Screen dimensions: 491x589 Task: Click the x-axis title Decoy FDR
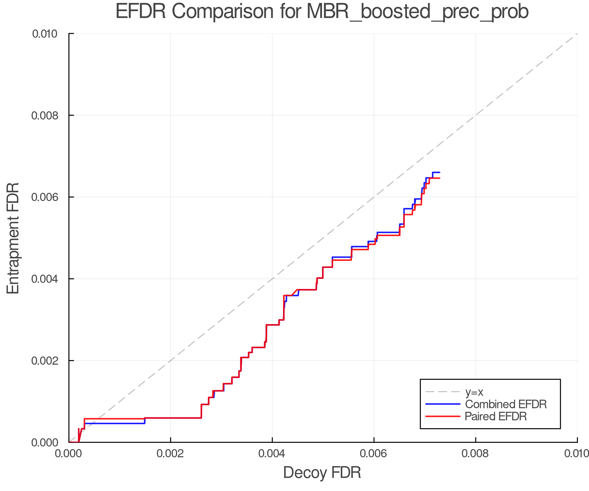(322, 472)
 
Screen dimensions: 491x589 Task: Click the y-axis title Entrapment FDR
(13, 238)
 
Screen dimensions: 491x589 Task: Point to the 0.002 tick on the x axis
(170, 453)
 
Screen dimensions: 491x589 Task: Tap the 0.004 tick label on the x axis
(272, 453)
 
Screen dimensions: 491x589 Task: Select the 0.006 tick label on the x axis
(374, 453)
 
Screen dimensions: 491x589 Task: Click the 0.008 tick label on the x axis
(475, 453)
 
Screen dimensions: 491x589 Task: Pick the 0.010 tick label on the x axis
(577, 453)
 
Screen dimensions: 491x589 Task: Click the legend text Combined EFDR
(506, 404)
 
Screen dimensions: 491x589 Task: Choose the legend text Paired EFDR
(496, 416)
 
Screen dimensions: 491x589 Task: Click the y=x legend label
(474, 392)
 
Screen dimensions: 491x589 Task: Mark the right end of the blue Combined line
(439, 172)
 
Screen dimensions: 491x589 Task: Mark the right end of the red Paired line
(439, 178)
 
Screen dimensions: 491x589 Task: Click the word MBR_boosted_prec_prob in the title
(418, 12)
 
